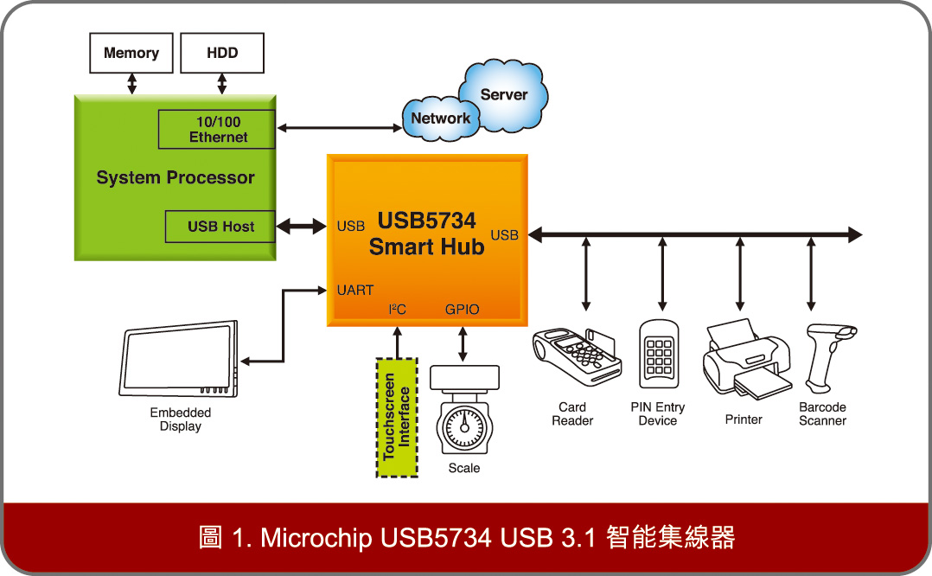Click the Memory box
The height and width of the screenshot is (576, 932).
tap(131, 54)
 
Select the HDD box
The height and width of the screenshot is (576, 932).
tap(222, 54)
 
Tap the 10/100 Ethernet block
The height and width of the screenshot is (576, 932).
tap(217, 130)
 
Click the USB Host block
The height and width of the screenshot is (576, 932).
tap(220, 227)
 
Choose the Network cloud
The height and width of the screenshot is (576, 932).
tap(440, 118)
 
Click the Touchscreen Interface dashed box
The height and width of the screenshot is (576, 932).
tap(397, 416)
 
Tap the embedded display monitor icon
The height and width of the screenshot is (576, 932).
tap(181, 361)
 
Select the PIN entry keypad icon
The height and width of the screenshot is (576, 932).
tap(659, 355)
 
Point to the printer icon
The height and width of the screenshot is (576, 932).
tap(746, 359)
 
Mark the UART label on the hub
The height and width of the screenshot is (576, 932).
tap(354, 291)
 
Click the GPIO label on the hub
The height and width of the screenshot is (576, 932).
tap(462, 310)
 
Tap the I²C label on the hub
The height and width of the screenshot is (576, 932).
tap(397, 310)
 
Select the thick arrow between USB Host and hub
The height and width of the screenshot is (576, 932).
tap(302, 227)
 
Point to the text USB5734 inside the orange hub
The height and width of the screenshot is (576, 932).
tap(426, 222)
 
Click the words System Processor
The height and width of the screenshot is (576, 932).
tap(176, 178)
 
